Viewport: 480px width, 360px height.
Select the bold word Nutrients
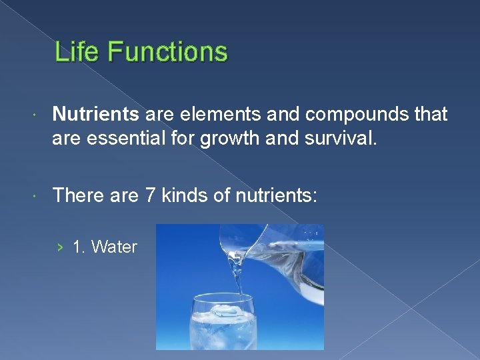(95, 115)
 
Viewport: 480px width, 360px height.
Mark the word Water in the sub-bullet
(114, 247)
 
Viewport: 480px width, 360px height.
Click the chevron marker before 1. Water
(61, 247)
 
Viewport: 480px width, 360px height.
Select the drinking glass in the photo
(222, 327)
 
